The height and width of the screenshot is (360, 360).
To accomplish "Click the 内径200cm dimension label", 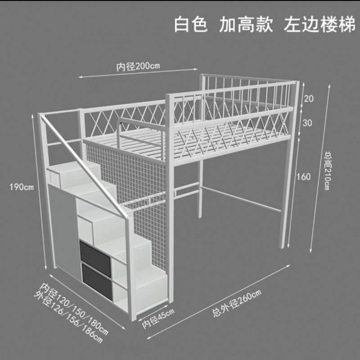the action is pos(138,66).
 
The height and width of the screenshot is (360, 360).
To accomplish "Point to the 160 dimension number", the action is pos(304,177).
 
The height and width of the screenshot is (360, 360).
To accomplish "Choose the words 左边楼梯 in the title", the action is pos(317,25).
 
